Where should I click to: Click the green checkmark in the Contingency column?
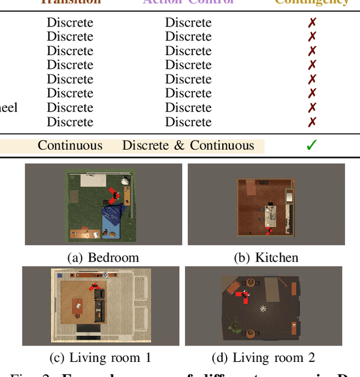(312, 145)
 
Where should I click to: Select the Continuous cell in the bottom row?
(70, 145)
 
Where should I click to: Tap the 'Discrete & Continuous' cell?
(188, 145)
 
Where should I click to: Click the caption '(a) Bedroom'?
(103, 258)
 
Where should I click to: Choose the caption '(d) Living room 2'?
(263, 357)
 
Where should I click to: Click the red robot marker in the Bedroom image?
(114, 195)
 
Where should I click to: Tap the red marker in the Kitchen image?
(269, 230)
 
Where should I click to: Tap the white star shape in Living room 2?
(263, 308)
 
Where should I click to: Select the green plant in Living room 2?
(232, 324)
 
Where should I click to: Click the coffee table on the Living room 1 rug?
(77, 306)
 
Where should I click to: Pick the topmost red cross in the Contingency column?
(312, 23)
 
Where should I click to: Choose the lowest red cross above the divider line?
(312, 122)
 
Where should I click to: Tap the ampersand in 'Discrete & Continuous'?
(179, 145)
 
